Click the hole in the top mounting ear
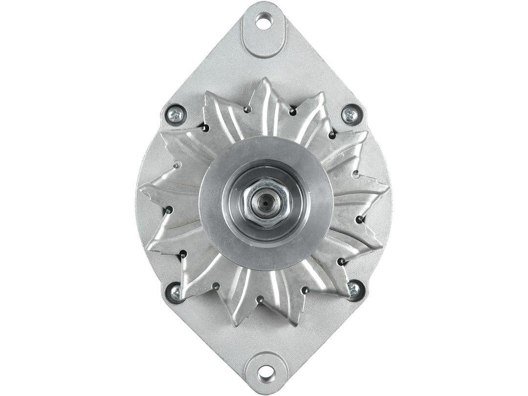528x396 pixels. [264, 21]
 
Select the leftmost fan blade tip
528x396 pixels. [142, 188]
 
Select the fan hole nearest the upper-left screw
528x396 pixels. [206, 128]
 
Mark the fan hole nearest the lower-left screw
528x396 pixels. [183, 254]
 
